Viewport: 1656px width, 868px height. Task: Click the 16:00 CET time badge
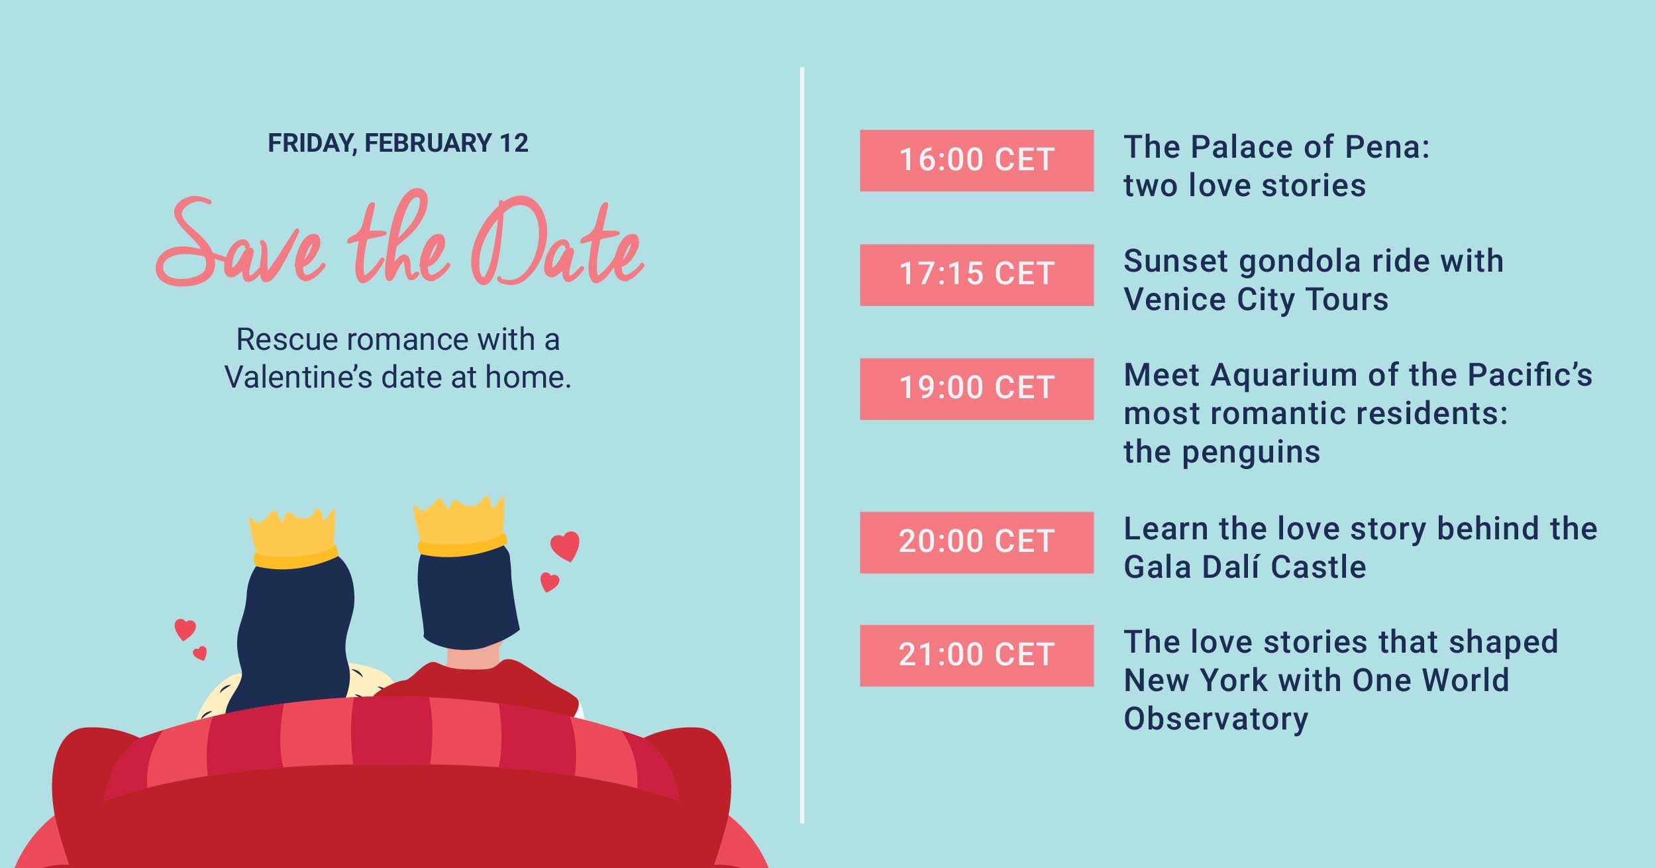976,160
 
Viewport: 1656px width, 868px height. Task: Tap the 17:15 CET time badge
976,275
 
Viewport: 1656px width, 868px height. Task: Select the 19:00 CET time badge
976,389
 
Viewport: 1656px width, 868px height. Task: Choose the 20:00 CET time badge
976,542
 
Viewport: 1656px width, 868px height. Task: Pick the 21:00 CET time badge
976,655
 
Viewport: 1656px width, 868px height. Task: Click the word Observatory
1216,719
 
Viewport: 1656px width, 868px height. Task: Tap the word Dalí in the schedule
1227,567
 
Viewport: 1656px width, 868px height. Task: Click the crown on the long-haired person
293,538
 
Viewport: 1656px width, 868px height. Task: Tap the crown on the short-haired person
460,526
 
